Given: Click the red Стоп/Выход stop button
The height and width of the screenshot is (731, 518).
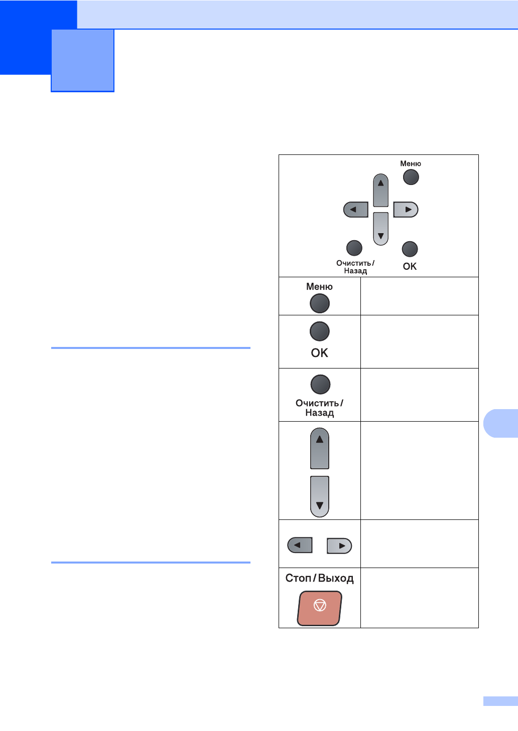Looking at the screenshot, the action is tap(320, 608).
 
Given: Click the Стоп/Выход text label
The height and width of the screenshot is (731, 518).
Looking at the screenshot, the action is tap(320, 578).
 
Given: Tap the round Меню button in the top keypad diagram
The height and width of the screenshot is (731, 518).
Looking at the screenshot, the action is tap(411, 177).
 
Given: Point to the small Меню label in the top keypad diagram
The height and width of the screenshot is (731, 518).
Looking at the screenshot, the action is tap(411, 163).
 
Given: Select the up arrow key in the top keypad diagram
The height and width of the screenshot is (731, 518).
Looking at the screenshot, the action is tap(381, 190).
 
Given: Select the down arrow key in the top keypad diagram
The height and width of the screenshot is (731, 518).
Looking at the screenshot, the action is tap(381, 229).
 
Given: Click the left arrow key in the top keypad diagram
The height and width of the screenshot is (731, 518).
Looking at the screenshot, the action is tap(356, 210).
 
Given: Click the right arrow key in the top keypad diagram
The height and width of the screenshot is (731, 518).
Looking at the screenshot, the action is tap(406, 210).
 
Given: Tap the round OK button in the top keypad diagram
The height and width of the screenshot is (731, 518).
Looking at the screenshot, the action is tap(410, 249).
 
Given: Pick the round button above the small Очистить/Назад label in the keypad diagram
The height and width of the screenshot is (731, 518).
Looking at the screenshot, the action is tap(354, 248).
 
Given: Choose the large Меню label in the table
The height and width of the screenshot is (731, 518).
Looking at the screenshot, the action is tap(320, 287).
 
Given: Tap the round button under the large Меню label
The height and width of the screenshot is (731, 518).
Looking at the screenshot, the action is tap(320, 303).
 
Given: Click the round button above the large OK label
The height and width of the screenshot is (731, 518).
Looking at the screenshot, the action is tap(320, 331).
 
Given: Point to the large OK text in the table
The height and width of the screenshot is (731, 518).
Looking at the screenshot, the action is tap(320, 353).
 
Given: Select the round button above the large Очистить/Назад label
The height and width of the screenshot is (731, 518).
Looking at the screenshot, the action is tap(320, 385).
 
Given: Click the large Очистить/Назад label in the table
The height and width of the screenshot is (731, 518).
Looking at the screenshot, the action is tap(320, 408).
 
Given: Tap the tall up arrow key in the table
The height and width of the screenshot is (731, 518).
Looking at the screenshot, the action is tap(320, 448).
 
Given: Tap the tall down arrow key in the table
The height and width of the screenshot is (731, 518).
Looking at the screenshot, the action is tap(320, 496).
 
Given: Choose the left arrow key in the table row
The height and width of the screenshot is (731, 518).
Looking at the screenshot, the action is tap(300, 545).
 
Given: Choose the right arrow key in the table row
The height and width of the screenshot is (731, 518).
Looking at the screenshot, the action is tap(339, 545).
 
